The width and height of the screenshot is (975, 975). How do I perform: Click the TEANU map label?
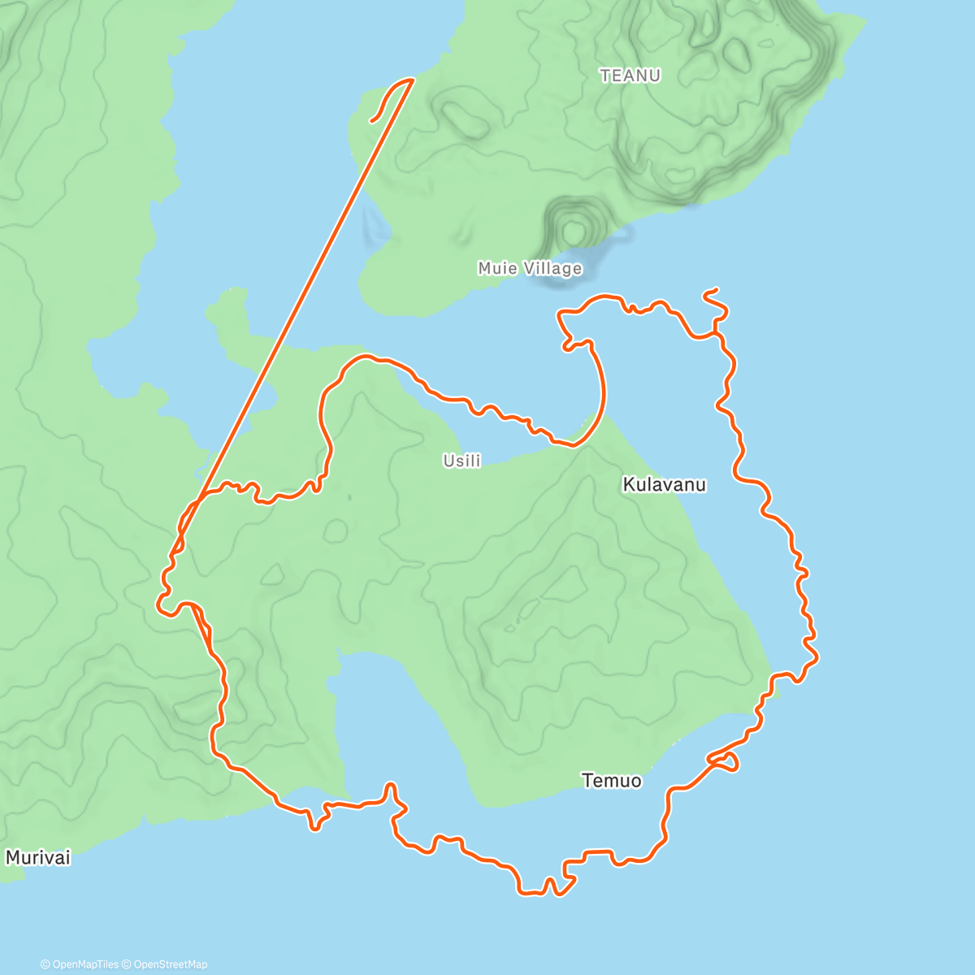[630, 76]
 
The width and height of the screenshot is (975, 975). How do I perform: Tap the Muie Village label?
[530, 268]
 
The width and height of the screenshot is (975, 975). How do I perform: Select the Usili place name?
[461, 461]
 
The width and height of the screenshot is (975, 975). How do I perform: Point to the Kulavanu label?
[664, 485]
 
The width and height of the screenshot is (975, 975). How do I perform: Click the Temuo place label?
[611, 781]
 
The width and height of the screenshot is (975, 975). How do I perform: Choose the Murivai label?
[38, 857]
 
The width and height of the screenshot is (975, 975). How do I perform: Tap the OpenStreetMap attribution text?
[171, 964]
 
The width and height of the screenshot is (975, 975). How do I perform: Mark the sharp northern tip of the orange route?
[413, 79]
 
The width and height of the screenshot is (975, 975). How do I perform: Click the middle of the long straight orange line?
[292, 317]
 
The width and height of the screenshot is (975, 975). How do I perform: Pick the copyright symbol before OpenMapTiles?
[45, 964]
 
